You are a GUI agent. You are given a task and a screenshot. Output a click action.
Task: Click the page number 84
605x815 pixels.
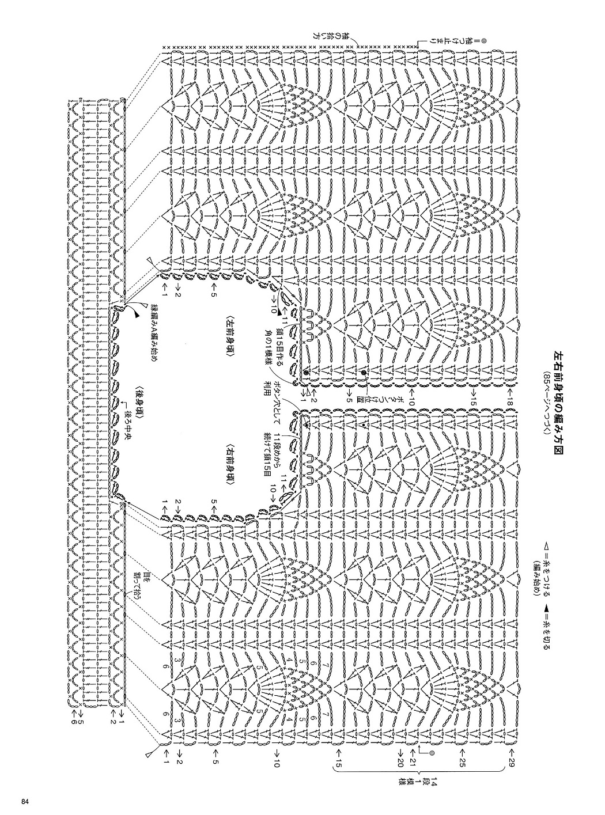click(24, 802)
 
